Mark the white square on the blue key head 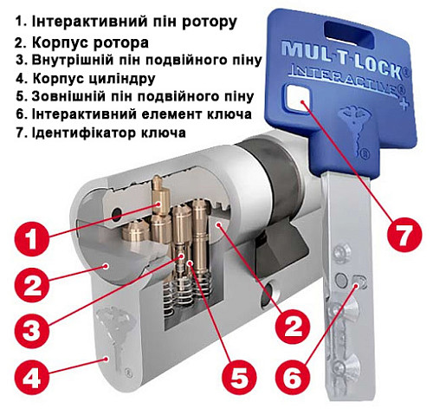[302, 102]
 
